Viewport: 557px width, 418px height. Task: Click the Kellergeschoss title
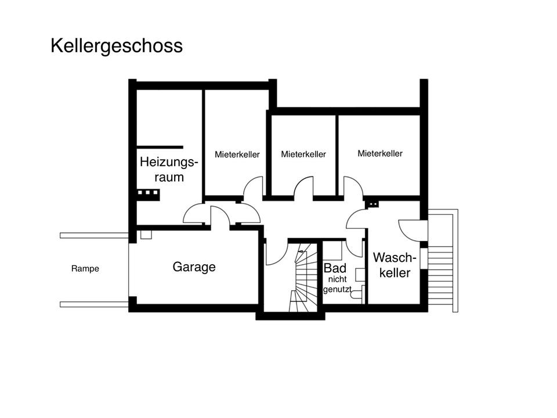(117, 46)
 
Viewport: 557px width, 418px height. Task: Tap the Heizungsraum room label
(169, 170)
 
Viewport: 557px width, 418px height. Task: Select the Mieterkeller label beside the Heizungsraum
(237, 154)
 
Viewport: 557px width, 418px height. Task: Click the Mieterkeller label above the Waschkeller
(380, 154)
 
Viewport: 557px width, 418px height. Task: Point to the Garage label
(194, 267)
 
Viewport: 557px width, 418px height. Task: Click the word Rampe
(85, 269)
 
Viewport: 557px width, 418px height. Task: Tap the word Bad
(335, 269)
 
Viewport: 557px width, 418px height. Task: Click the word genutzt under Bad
(337, 289)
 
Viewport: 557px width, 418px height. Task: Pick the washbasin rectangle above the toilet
(360, 275)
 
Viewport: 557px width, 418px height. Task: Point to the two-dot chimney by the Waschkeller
(372, 204)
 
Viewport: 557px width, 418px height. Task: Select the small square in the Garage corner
(146, 235)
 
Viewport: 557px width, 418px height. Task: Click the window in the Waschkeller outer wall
(424, 260)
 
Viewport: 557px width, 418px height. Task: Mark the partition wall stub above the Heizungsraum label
(160, 147)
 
